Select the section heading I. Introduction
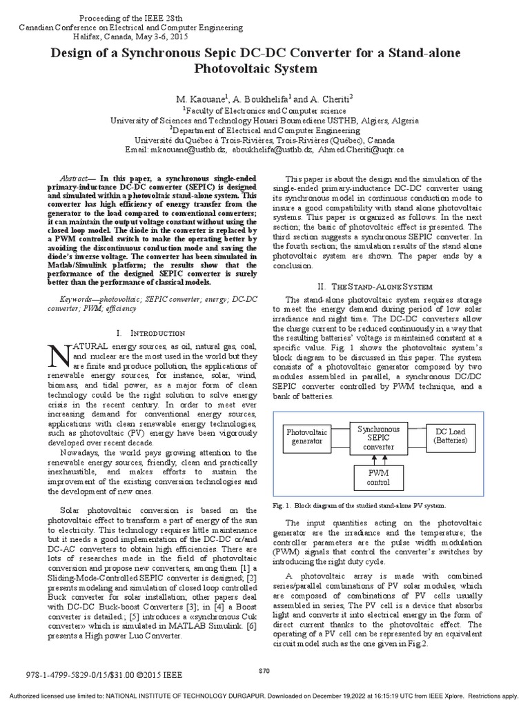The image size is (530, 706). (x=153, y=332)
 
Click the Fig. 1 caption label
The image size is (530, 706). (x=283, y=506)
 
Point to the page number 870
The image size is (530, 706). (x=264, y=669)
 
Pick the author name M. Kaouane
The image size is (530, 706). (x=195, y=99)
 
